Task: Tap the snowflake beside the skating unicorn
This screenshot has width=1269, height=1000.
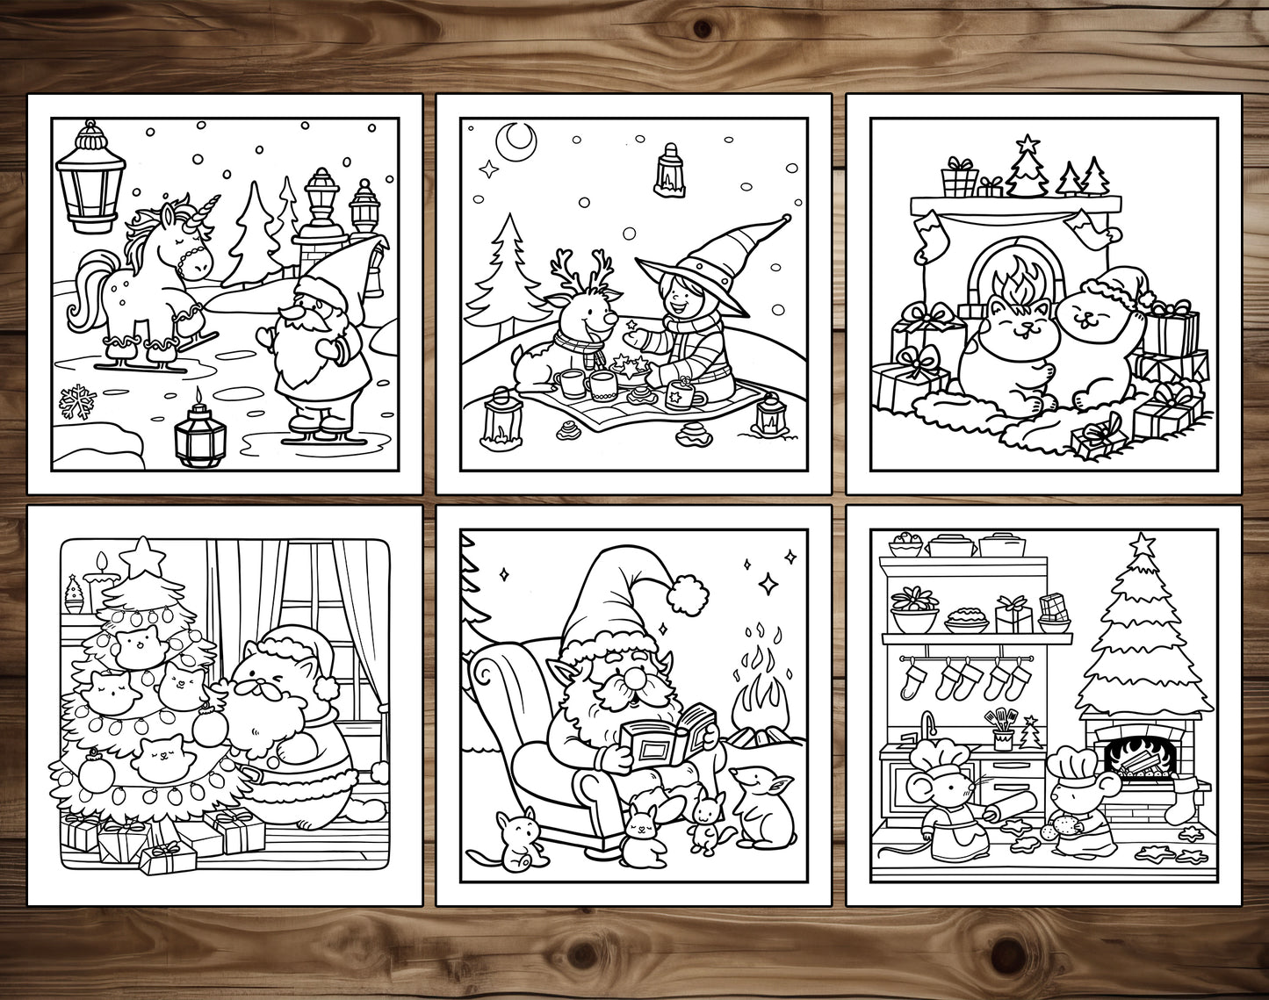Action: pos(76,403)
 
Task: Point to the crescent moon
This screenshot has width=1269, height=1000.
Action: pos(516,138)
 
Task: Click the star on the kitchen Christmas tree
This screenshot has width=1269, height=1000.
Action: pos(1141,544)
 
